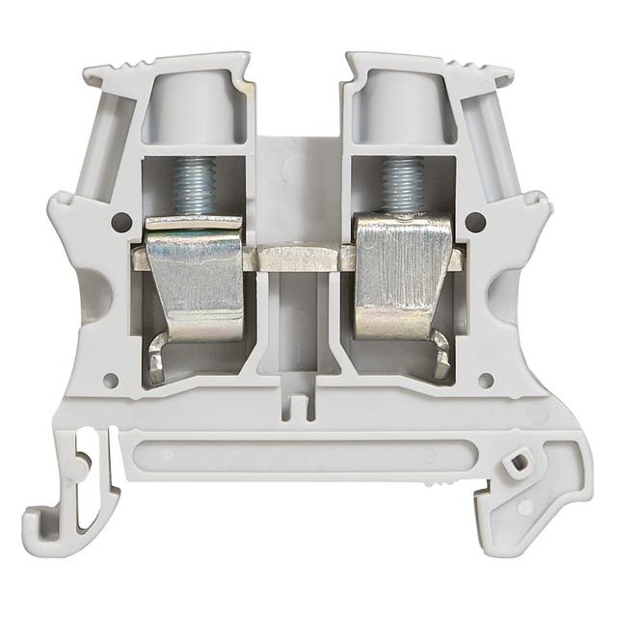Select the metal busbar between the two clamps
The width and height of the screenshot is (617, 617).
300,256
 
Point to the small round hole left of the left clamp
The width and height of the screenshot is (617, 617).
119,222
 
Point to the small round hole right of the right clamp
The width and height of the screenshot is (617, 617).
473,222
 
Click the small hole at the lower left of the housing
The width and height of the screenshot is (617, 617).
110,381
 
